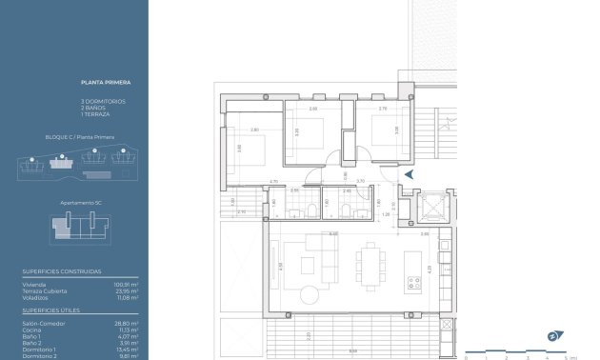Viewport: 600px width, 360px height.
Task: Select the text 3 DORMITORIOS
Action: click(x=103, y=101)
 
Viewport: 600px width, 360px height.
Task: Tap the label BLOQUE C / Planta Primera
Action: click(x=80, y=137)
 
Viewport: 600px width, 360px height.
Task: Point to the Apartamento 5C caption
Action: click(x=80, y=203)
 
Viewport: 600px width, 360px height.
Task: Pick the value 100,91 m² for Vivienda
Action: click(x=127, y=284)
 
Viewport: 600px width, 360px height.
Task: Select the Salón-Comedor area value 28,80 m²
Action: click(x=127, y=323)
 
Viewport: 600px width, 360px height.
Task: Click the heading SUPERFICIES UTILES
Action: click(x=51, y=310)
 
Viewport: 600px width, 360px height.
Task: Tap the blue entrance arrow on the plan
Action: click(x=409, y=175)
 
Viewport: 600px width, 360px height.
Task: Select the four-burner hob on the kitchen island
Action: click(x=414, y=283)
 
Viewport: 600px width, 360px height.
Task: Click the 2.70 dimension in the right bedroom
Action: click(x=384, y=109)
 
